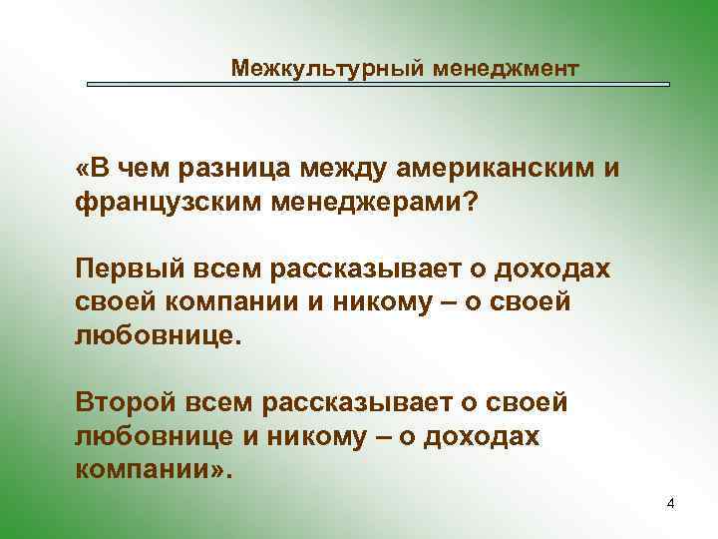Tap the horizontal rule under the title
[x=378, y=85]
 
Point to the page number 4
[x=670, y=504]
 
